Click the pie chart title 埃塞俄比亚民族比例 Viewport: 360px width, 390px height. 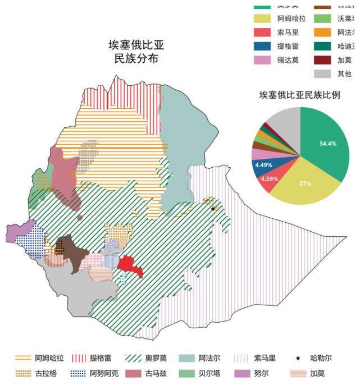point(299,95)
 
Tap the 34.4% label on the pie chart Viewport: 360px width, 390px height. point(327,144)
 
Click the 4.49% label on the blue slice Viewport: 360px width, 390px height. point(263,165)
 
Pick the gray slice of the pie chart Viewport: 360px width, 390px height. point(284,120)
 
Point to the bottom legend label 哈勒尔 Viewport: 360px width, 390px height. point(321,358)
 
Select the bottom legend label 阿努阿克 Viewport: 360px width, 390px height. point(104,373)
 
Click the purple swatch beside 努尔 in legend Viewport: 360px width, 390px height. point(242,373)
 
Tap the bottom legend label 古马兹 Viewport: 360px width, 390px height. point(156,373)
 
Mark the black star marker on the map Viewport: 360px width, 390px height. point(213,209)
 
